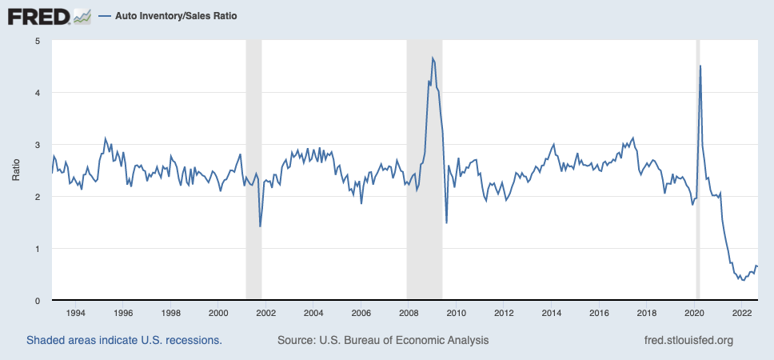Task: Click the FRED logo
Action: pos(50,15)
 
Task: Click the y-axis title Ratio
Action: pos(16,170)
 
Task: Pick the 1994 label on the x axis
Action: pos(75,313)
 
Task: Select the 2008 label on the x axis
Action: pos(408,313)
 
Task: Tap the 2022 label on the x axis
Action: pos(740,313)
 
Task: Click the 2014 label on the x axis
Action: pos(550,313)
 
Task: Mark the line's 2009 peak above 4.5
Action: pos(433,58)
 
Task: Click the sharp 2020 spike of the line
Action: pos(700,66)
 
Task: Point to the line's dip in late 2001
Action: pos(261,226)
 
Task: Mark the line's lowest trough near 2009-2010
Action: pos(446,222)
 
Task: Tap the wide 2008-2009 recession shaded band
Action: pos(424,240)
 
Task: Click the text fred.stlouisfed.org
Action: pos(688,340)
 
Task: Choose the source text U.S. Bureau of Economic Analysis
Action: pos(382,340)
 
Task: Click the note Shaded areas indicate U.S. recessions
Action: pos(124,340)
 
